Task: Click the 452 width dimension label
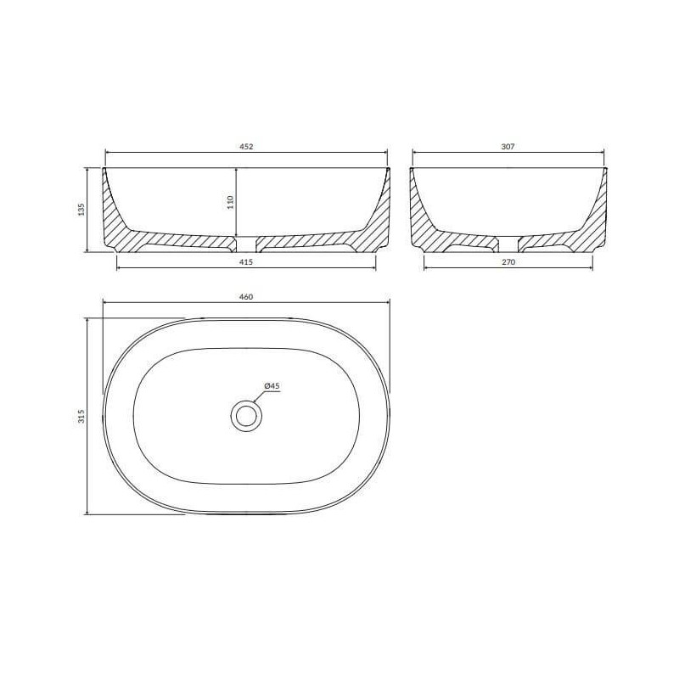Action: (246, 146)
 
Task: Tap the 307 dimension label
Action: (508, 146)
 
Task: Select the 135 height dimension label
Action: (81, 210)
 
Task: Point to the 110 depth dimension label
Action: (230, 202)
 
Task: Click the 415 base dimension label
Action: (246, 262)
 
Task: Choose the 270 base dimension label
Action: (508, 262)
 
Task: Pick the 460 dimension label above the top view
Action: (246, 297)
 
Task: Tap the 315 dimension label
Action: (81, 416)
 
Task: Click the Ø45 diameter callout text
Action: (272, 386)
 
